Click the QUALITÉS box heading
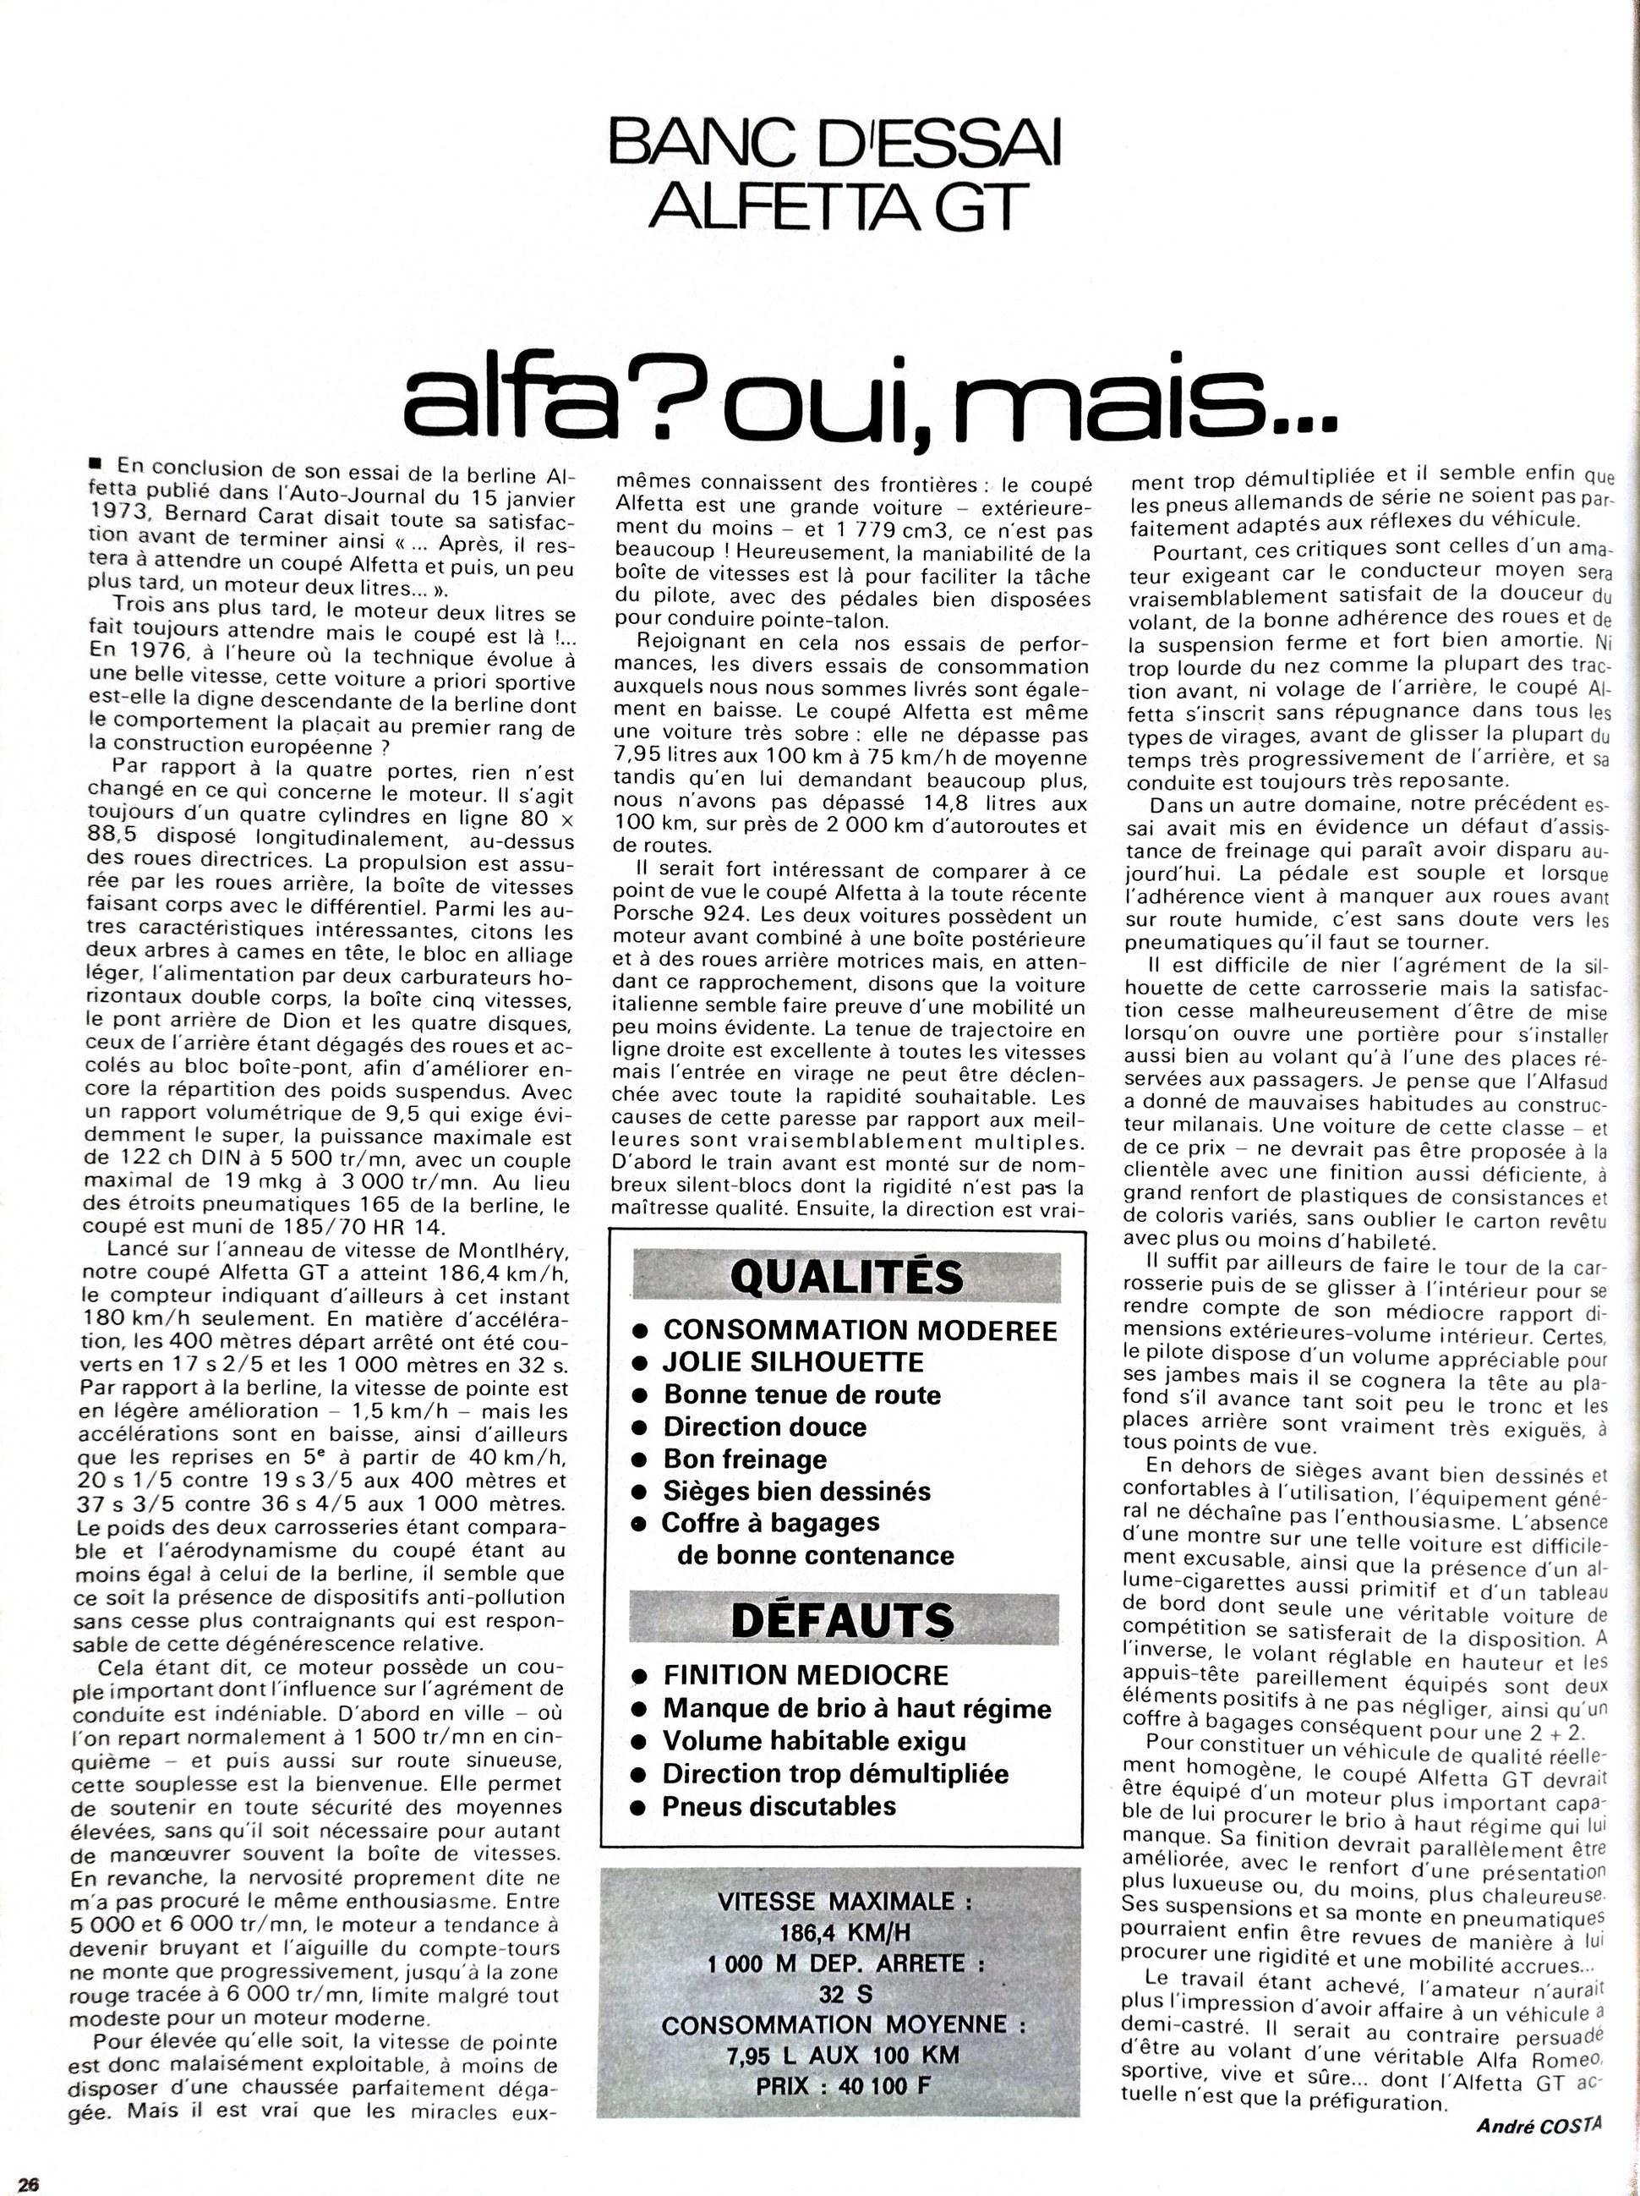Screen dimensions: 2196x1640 click(846, 1278)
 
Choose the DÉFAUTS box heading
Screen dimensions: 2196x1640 click(843, 1620)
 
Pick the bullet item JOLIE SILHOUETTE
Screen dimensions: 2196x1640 click(793, 1362)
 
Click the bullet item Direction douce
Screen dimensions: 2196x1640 click(764, 1427)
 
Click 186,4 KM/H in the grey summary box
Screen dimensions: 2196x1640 click(843, 1933)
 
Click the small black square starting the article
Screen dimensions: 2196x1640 click(96, 463)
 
